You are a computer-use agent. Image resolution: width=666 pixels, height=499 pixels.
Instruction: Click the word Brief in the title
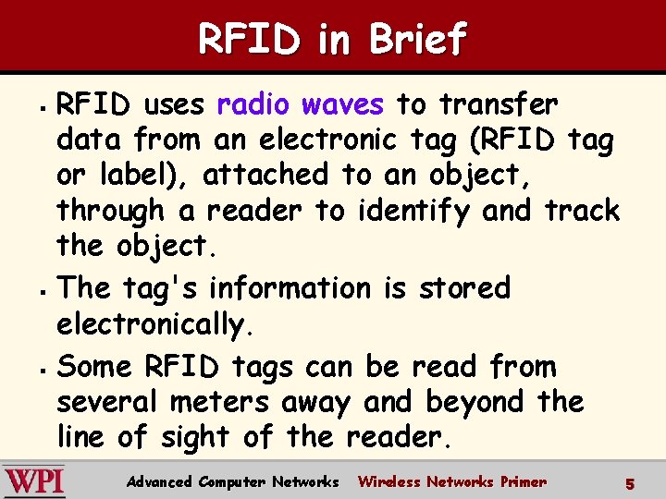tap(418, 39)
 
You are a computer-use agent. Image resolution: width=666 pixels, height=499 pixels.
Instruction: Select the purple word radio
tap(253, 104)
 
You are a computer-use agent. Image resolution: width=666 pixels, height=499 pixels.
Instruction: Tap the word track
tap(581, 211)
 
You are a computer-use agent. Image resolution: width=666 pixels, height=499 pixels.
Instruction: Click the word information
tap(289, 288)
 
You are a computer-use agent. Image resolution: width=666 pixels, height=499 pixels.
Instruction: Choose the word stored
tap(464, 288)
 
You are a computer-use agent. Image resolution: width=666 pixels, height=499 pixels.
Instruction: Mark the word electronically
tap(151, 324)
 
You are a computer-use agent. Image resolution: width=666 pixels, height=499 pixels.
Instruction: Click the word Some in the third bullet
tap(96, 367)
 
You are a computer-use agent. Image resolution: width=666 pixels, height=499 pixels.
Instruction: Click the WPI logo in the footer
tap(34, 481)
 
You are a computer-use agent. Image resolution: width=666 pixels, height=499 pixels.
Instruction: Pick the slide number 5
tap(629, 482)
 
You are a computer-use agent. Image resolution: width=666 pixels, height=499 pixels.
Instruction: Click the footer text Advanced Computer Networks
tap(232, 481)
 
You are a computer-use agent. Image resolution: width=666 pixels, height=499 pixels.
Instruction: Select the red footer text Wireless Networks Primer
tap(451, 481)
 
